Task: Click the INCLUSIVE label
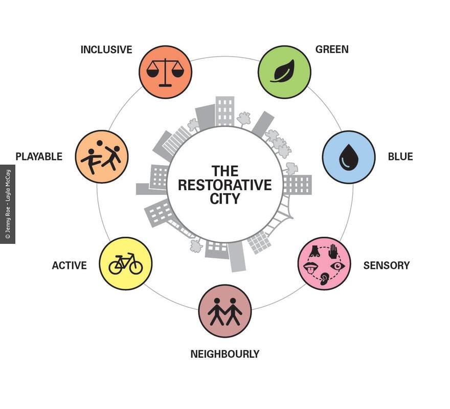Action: (x=106, y=50)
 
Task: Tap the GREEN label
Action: (x=332, y=50)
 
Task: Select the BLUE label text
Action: (x=400, y=156)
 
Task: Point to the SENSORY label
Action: (x=386, y=265)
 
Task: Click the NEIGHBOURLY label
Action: (x=224, y=354)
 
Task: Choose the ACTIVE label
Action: (x=69, y=265)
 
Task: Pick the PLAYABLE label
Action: (x=39, y=156)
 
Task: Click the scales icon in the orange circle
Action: (x=165, y=72)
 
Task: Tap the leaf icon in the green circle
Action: (x=284, y=71)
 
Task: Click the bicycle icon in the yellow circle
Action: (x=125, y=264)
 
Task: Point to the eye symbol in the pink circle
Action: (x=337, y=266)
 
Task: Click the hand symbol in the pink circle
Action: (x=332, y=251)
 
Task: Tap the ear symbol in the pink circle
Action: (x=324, y=279)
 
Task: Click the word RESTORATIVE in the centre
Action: (x=224, y=185)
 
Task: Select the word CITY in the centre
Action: (x=224, y=198)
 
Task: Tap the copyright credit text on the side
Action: (x=7, y=204)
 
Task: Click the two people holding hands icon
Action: (x=225, y=311)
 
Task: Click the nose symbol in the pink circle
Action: (x=315, y=251)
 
